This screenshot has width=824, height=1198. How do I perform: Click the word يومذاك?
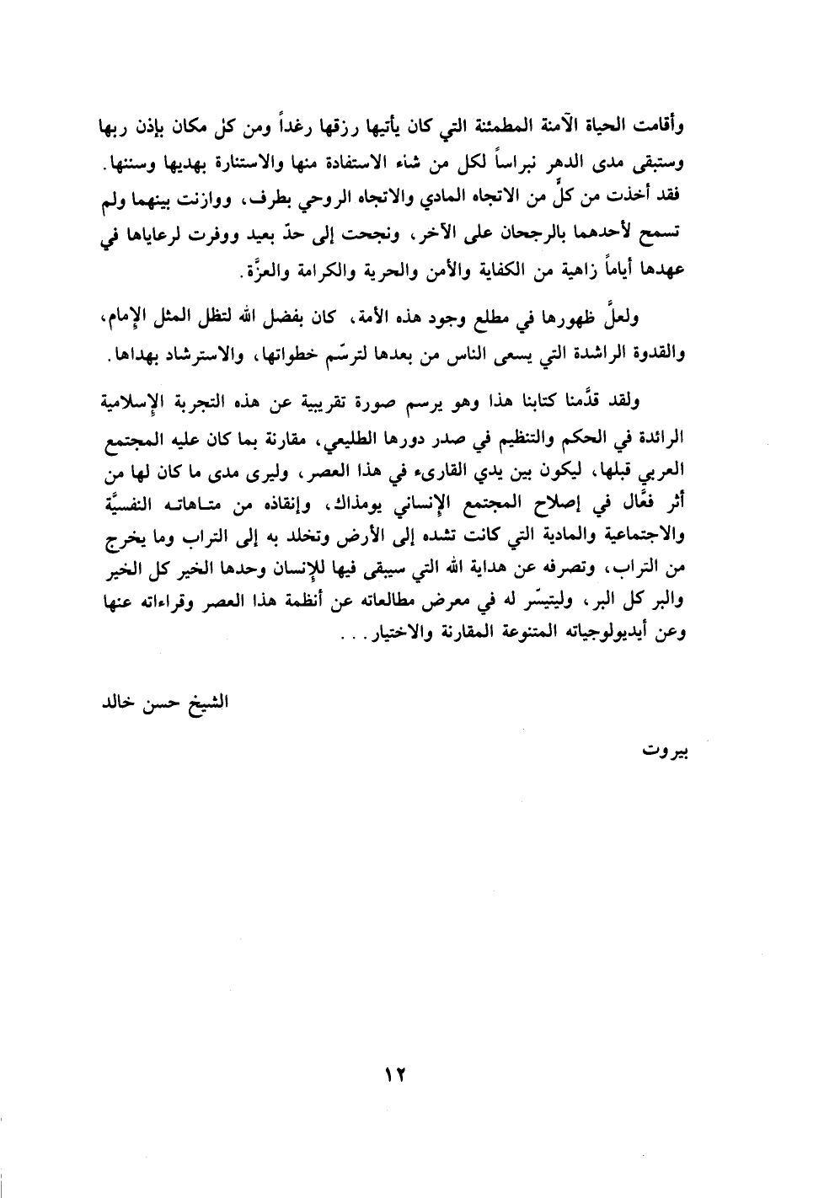click(x=352, y=505)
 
